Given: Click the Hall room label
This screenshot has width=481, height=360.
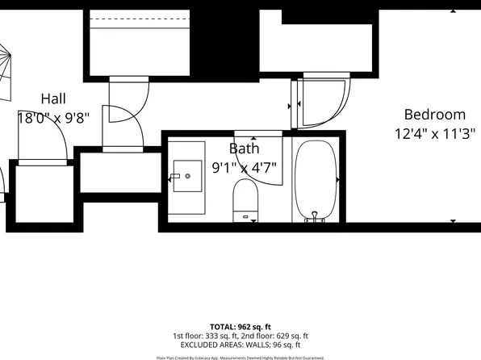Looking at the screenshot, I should click(53, 98).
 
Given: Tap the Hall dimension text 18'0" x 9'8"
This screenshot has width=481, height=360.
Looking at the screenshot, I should click(53, 118).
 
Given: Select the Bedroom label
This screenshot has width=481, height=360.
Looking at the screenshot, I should click(435, 115).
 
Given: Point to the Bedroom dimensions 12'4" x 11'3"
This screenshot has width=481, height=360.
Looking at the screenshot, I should click(435, 134).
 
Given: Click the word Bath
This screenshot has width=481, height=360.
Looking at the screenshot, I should click(244, 149).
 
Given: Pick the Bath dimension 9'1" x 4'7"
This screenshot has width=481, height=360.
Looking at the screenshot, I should click(244, 168).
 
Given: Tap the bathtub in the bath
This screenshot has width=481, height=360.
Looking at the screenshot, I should click(315, 180).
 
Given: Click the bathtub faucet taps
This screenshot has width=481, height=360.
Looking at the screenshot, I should click(315, 216).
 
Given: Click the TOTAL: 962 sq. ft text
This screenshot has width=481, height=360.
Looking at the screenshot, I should click(240, 326).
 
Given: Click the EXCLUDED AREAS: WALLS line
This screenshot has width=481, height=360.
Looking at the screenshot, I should click(240, 345).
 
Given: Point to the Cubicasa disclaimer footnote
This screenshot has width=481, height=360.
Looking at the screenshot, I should click(240, 357).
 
